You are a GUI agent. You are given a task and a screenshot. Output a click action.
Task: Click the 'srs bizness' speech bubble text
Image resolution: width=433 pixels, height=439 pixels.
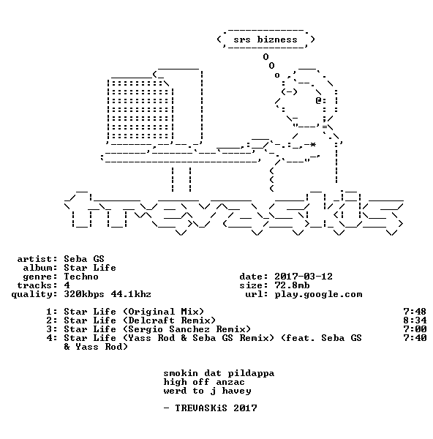266,40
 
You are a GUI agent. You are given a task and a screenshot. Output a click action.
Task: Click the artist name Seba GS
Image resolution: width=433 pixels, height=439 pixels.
84,259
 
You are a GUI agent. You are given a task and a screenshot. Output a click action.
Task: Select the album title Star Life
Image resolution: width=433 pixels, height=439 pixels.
90,268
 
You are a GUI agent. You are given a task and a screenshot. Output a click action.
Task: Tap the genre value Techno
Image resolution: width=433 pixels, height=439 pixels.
81,277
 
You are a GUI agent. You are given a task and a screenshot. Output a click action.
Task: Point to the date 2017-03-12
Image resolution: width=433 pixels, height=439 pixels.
304,277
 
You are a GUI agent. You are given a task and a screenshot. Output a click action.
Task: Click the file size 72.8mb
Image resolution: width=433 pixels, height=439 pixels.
292,285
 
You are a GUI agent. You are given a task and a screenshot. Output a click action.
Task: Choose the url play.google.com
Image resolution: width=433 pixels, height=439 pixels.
318,294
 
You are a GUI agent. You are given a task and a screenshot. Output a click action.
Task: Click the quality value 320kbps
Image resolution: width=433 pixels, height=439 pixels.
84,294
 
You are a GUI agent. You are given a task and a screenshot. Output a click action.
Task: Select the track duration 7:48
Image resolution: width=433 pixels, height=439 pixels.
415,312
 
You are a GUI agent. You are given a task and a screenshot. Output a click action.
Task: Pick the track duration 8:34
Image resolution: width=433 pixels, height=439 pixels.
415,320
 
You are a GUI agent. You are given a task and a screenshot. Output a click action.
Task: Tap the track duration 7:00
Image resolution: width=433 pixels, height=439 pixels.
415,329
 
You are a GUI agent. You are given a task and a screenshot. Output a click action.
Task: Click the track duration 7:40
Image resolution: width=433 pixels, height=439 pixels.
415,338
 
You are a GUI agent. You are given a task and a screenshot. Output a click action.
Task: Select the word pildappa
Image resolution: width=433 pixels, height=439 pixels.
251,373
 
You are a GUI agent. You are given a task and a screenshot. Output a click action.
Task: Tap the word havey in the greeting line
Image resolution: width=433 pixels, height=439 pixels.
236,391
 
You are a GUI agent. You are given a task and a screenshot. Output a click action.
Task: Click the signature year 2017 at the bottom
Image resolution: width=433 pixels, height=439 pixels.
245,408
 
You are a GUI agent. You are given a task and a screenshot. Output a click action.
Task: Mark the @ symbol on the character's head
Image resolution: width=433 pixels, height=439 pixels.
318,100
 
